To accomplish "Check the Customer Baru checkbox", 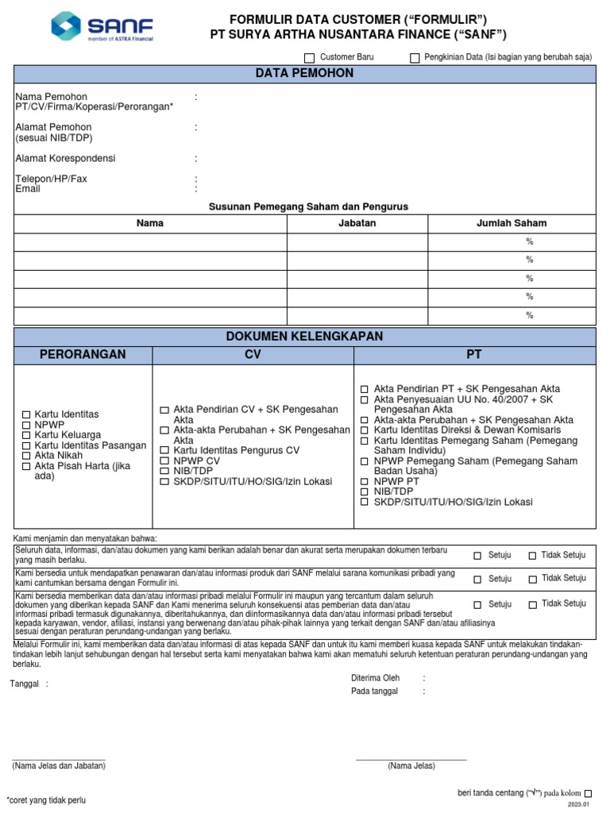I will [x=310, y=58].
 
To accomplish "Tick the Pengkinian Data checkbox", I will [x=415, y=58].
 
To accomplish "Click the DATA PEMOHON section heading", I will [x=304, y=74].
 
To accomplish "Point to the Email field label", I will [x=28, y=190].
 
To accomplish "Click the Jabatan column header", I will [x=357, y=223].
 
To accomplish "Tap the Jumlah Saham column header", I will [x=512, y=223].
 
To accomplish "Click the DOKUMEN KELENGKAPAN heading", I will [x=304, y=337].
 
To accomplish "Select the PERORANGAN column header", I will [x=83, y=354].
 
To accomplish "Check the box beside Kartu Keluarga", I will [x=26, y=436].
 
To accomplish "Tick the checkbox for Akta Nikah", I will [x=26, y=457].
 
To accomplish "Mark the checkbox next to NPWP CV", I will [x=164, y=461].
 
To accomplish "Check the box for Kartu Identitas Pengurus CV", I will [x=164, y=451].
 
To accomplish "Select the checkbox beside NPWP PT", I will [x=365, y=482].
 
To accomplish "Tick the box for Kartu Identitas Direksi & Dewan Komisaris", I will [x=365, y=430].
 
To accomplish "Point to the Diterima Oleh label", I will [x=375, y=679].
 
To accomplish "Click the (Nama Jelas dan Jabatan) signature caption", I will [x=59, y=766].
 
